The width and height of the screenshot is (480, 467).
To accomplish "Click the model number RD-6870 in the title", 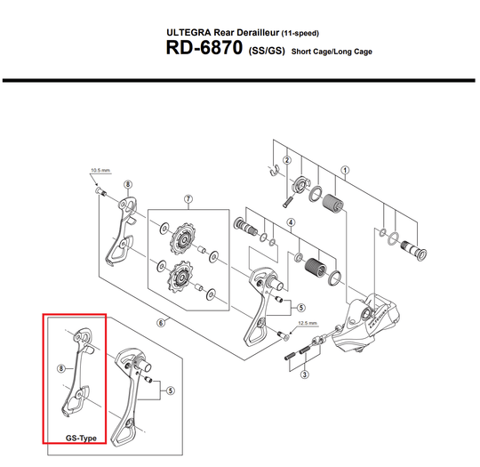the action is tap(204, 48).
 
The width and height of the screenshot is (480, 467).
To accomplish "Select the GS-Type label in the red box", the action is tap(81, 439).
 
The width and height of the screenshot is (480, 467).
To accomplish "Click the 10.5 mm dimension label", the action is tap(100, 171).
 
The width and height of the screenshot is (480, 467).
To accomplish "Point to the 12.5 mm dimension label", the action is tap(308, 323).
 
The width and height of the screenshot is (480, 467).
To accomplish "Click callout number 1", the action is tap(345, 170).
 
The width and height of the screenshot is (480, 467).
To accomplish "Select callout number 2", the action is tap(287, 160).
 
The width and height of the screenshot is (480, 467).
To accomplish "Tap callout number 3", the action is tap(304, 374).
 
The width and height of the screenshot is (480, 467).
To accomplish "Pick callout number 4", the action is tap(291, 222).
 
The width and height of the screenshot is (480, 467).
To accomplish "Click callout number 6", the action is tap(161, 323).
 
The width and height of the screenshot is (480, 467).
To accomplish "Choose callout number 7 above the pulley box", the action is tap(188, 199).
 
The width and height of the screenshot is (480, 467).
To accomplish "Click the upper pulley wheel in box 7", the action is tap(182, 238).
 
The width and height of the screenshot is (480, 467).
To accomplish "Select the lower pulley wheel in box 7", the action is tap(180, 277).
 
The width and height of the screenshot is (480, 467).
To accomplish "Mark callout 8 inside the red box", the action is tap(61, 368).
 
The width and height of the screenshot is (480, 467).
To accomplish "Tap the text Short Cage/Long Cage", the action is tap(332, 52).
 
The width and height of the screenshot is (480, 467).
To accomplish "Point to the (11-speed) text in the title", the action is tap(300, 33).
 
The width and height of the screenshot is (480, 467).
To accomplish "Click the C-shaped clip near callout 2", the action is tap(274, 170).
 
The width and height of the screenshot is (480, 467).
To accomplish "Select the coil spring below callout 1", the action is tap(333, 204).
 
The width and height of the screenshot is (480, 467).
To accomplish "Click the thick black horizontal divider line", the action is tap(239, 80).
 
